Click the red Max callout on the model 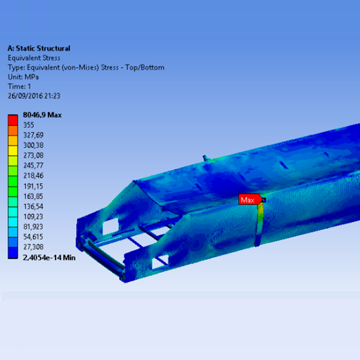click(x=250, y=200)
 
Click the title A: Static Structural click(x=39, y=48)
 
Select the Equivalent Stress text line click(x=34, y=58)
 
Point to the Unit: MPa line click(x=23, y=77)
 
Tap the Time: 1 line click(x=20, y=86)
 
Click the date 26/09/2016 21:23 click(x=34, y=96)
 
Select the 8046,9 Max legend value click(x=42, y=115)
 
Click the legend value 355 click(x=29, y=125)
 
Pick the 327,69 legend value click(x=33, y=135)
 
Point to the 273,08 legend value click(x=33, y=155)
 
